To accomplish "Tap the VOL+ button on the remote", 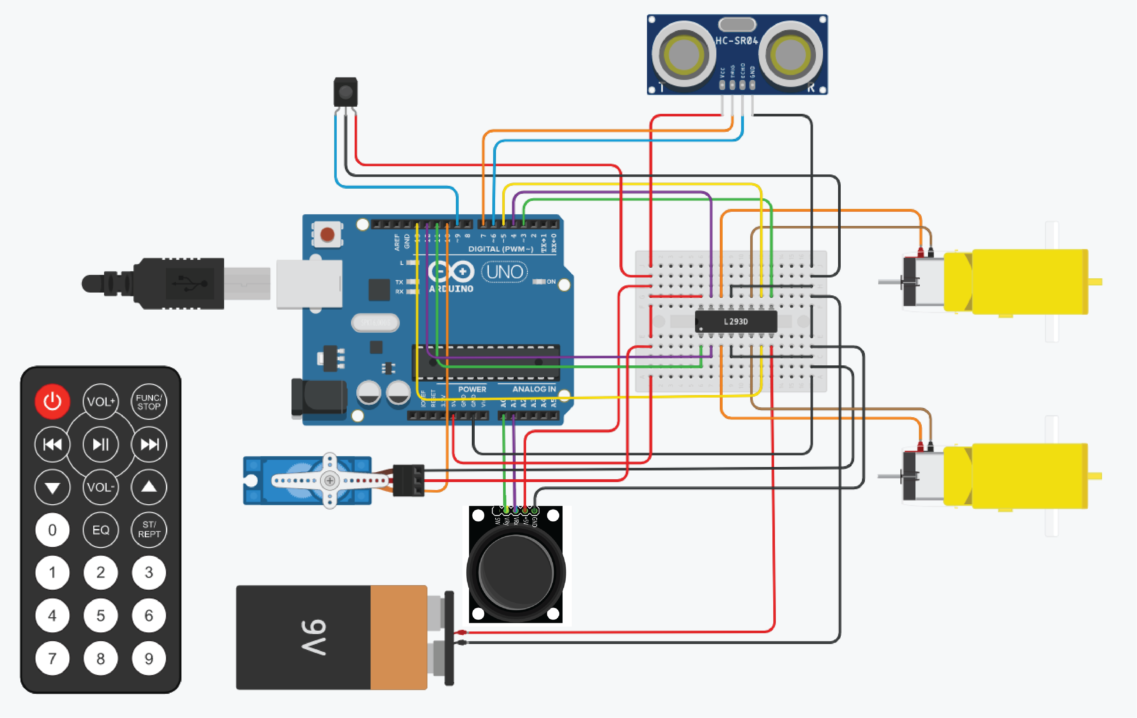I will [x=101, y=402].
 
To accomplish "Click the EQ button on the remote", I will [x=101, y=530].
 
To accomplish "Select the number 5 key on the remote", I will [x=101, y=616].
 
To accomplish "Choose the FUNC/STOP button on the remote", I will [x=149, y=402].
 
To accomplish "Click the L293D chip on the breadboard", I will [x=736, y=322].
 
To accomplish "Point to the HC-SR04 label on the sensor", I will [x=737, y=41].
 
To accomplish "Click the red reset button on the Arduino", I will [x=327, y=234].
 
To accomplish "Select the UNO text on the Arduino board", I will [x=504, y=272].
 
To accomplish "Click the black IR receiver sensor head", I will [x=346, y=92].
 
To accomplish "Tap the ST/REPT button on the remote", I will [x=149, y=530].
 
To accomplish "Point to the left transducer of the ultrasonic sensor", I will [x=683, y=54].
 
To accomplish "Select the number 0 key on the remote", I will [x=52, y=530].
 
